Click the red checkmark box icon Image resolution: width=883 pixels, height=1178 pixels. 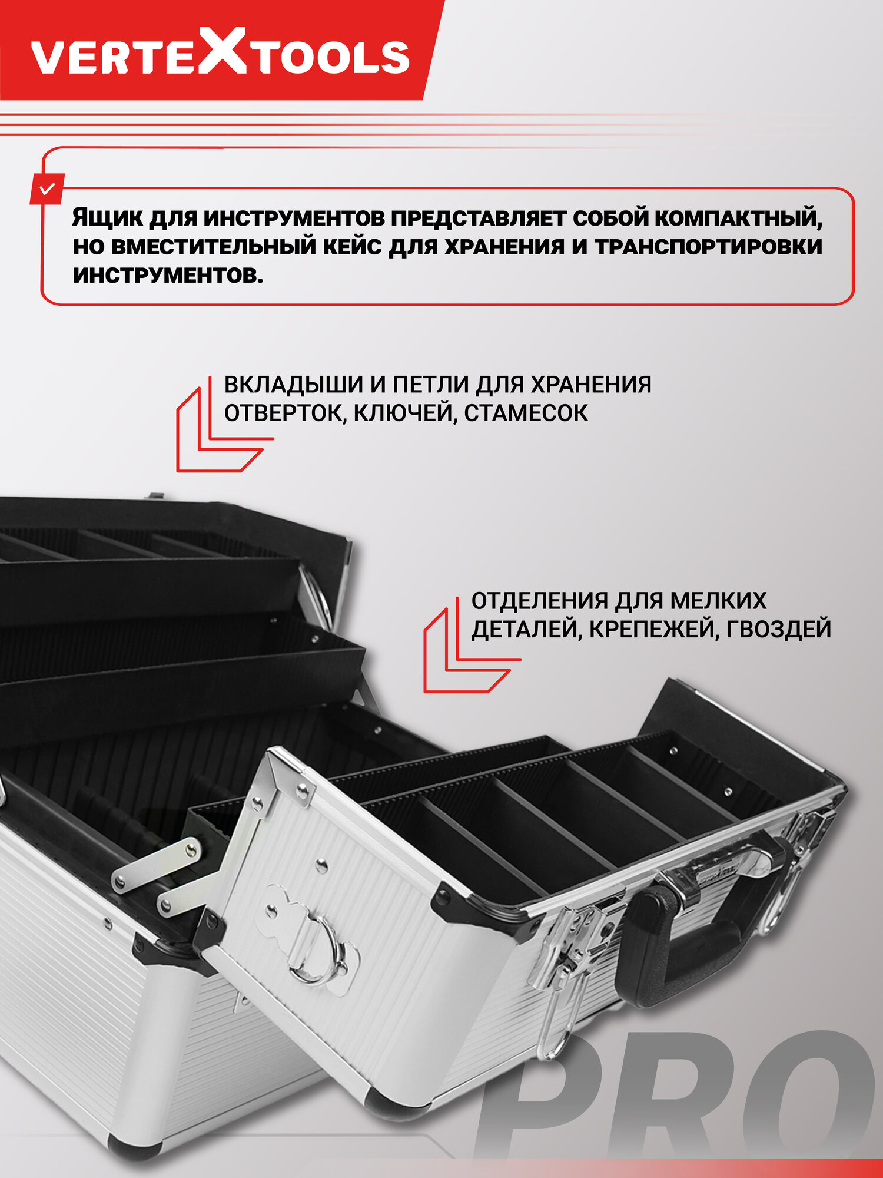tap(47, 189)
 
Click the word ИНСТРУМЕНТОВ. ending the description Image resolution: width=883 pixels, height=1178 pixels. tap(168, 275)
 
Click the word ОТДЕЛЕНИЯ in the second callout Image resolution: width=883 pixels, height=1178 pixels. tap(539, 601)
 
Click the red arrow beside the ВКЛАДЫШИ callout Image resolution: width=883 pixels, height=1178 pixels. tap(218, 439)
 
